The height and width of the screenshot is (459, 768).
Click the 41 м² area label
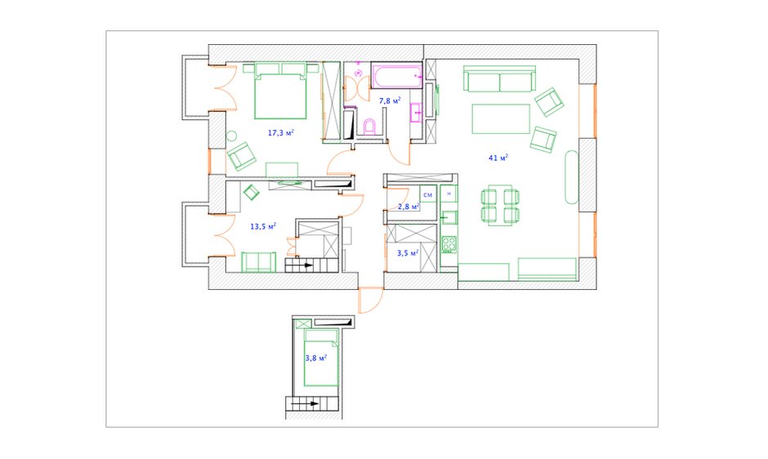498,158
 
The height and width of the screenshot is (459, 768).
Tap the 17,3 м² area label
281,133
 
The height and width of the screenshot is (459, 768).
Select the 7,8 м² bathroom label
390,101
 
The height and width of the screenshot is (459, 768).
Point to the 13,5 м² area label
263,226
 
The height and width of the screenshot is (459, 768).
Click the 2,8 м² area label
409,207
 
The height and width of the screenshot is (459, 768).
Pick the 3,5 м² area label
408,253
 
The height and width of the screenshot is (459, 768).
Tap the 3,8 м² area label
316,358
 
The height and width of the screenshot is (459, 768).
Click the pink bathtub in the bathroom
397,75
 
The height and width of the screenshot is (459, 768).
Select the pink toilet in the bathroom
370,127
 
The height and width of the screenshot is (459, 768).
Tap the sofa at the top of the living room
499,79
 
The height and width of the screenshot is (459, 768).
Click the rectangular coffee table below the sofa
501,118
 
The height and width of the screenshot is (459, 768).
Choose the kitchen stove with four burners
449,244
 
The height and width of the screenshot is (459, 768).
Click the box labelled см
428,194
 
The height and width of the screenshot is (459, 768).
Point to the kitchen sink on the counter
449,216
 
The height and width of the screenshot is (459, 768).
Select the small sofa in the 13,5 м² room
259,262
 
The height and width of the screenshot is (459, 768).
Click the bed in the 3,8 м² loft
321,358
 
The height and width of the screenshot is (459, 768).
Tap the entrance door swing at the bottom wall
371,301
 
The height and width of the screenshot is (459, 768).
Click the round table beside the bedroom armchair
232,136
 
